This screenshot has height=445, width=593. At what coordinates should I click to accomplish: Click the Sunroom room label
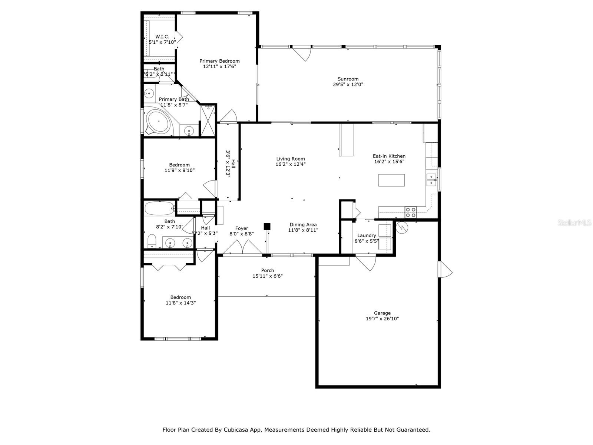(348, 79)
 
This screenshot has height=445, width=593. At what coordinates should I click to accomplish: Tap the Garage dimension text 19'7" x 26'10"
(382, 319)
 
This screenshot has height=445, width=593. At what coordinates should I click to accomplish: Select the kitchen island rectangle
(391, 180)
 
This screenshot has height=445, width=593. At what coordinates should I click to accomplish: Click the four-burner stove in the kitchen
(410, 212)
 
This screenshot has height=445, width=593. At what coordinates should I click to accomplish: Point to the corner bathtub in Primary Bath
(159, 121)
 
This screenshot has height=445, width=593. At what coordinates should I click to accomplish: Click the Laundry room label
(366, 235)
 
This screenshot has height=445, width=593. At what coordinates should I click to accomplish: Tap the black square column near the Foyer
(267, 226)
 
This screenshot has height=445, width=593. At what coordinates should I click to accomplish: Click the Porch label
(267, 270)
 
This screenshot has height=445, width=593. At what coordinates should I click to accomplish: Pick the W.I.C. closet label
(162, 36)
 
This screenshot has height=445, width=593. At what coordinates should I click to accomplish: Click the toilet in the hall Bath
(152, 241)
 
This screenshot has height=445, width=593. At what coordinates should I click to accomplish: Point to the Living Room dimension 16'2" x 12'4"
(290, 164)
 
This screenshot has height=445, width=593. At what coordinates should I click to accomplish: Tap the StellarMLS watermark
(574, 222)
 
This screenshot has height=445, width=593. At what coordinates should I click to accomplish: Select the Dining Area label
(303, 224)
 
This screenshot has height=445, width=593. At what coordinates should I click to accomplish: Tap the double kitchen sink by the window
(431, 179)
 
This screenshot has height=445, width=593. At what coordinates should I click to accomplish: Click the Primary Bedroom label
(219, 61)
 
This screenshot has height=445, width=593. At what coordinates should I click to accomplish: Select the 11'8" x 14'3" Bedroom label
(180, 297)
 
